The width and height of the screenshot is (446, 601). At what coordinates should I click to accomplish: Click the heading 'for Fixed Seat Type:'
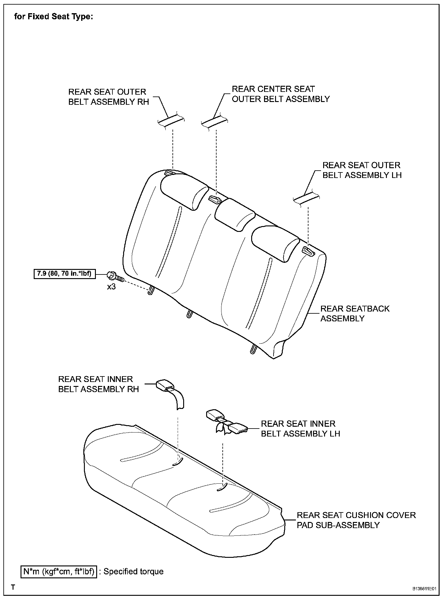(54, 17)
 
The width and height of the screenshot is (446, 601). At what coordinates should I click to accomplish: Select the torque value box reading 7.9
(64, 274)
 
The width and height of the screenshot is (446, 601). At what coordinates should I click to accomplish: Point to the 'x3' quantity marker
(111, 287)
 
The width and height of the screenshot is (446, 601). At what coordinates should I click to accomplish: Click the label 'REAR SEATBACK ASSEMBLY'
(355, 313)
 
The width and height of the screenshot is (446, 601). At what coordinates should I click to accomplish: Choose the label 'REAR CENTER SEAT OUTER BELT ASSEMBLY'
(280, 94)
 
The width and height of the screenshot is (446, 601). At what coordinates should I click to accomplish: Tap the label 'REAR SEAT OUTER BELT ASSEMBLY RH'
(108, 97)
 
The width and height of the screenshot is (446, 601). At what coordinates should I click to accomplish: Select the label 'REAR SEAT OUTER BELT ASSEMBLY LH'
(362, 170)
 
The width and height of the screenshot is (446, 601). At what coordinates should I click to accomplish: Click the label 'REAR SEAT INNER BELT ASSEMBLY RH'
(98, 384)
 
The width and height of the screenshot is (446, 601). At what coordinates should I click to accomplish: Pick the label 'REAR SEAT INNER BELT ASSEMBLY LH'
(300, 429)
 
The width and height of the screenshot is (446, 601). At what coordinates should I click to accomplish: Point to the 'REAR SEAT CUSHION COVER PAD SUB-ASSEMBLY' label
(356, 520)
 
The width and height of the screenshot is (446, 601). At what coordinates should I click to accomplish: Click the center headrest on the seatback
(235, 214)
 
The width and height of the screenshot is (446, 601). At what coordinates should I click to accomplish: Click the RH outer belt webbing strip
(171, 122)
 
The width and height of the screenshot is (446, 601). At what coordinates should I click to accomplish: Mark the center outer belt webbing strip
(214, 122)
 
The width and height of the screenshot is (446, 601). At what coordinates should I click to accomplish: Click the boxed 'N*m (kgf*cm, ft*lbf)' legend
(59, 572)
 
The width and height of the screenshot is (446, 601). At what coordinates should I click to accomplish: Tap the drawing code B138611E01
(425, 589)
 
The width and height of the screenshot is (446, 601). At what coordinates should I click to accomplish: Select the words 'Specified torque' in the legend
(134, 572)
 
